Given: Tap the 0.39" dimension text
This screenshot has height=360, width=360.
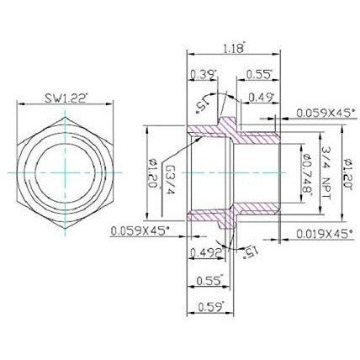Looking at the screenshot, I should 203,75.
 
